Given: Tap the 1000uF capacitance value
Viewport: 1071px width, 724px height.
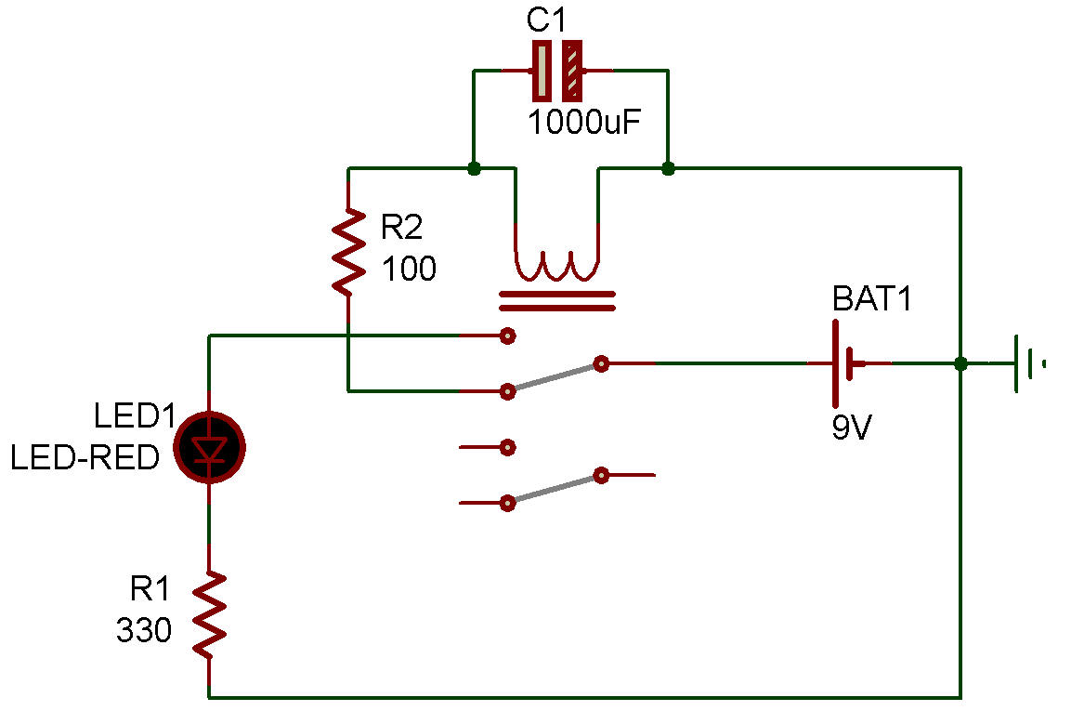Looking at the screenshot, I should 584,122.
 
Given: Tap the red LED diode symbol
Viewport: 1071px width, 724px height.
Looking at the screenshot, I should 210,447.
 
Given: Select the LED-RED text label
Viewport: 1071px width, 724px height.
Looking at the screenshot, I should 85,458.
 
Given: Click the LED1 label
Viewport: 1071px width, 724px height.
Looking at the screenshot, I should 135,416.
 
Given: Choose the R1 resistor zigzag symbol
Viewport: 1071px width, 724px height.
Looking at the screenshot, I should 210,613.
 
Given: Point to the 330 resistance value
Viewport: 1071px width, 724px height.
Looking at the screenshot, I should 144,632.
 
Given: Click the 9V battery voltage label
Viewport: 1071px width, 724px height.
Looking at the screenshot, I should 853,429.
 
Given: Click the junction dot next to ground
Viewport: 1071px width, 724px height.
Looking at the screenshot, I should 960,363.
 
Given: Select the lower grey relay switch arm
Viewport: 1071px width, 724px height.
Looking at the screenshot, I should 555,490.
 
